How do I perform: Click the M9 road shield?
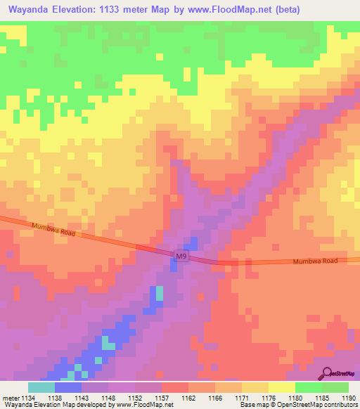click(182, 257)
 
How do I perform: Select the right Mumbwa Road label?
click(315, 261)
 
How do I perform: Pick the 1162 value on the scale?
click(188, 397)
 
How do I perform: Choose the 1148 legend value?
click(108, 397)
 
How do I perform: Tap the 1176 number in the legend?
click(269, 397)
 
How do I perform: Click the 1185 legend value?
click(322, 397)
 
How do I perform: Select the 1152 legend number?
click(135, 397)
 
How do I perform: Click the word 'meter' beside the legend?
click(11, 397)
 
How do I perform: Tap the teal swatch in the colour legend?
click(41, 387)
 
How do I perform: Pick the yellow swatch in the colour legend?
click(281, 387)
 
